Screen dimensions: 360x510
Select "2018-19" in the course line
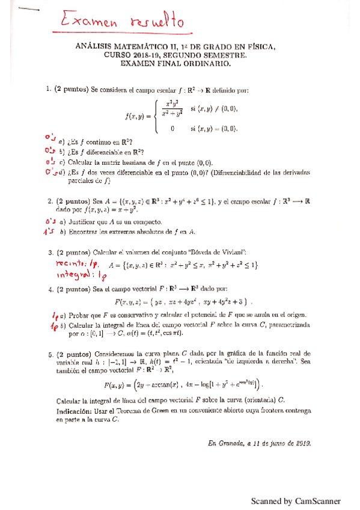click(x=147, y=54)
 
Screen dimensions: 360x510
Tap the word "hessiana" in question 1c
click(x=125, y=161)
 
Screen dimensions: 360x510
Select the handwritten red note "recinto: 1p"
click(x=70, y=263)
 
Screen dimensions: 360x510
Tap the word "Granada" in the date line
click(x=231, y=443)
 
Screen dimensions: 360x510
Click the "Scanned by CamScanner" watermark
click(x=295, y=501)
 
